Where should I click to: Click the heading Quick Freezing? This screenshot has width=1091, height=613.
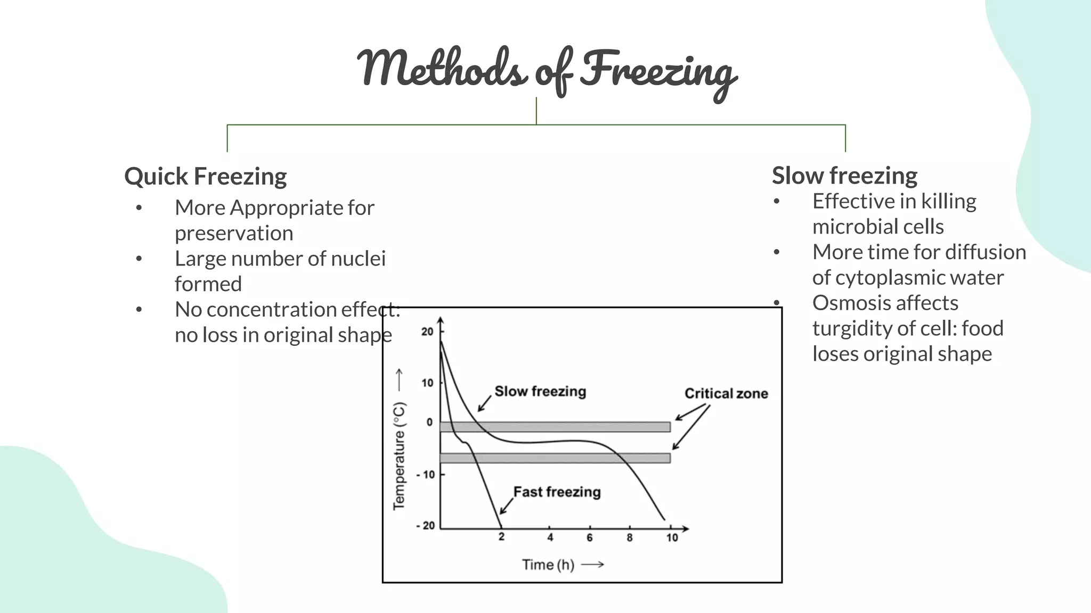point(205,176)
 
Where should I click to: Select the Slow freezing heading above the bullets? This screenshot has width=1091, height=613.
point(844,175)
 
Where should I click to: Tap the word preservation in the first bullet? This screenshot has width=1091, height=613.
point(234,233)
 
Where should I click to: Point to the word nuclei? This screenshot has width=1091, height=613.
point(358,259)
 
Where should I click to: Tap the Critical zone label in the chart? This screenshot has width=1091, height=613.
point(726,393)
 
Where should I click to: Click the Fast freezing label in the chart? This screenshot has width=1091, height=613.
point(557,492)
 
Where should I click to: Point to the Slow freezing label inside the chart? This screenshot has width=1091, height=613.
point(540,391)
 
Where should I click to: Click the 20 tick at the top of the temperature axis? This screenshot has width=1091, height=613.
point(427,332)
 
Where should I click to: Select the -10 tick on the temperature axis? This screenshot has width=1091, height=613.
point(426,474)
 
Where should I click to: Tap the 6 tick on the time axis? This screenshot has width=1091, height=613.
point(590,537)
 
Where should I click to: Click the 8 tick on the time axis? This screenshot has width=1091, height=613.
point(630,537)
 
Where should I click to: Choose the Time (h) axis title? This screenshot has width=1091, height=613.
point(548,565)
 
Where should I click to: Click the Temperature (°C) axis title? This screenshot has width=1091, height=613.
point(399,455)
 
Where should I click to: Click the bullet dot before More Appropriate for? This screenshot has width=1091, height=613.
point(139,208)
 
